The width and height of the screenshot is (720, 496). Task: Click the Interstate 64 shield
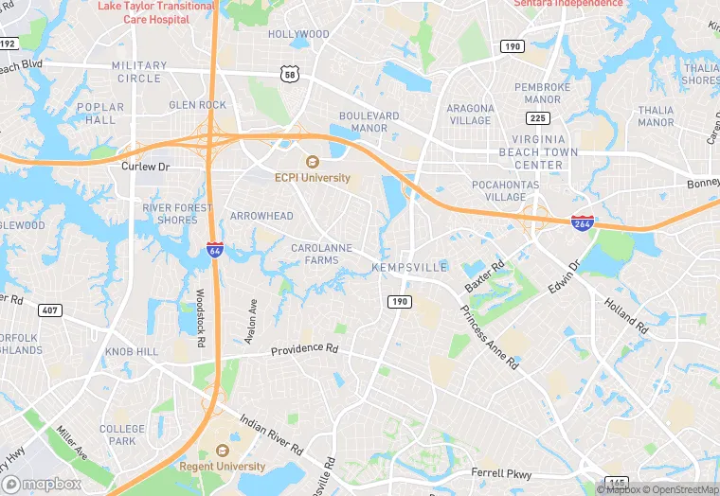click(x=216, y=250)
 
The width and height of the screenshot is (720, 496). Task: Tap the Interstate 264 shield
click(x=583, y=223)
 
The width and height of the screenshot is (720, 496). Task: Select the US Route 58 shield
click(x=289, y=73)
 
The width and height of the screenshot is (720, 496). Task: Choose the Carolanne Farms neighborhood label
click(x=316, y=254)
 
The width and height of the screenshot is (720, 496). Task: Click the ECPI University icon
click(x=312, y=161)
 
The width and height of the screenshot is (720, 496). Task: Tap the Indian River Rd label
click(x=270, y=433)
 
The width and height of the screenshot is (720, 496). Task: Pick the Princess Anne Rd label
click(x=489, y=336)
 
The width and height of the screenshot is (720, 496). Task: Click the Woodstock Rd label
click(x=201, y=317)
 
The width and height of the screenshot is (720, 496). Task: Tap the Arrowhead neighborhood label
click(x=261, y=216)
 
